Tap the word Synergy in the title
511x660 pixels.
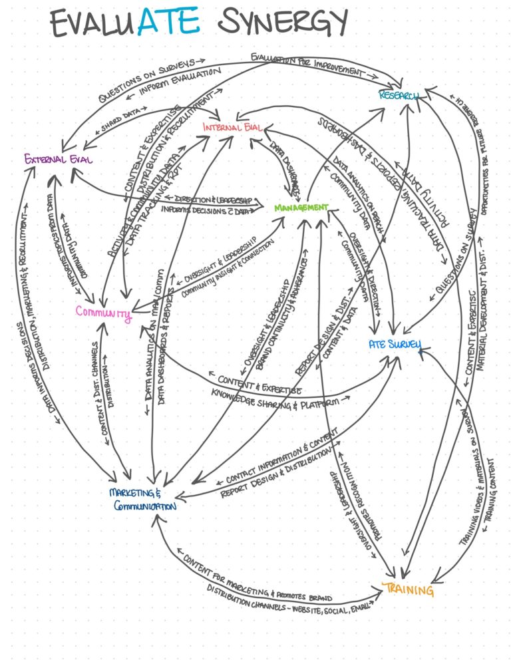pyautogui.click(x=283, y=25)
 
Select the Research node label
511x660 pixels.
pyautogui.click(x=399, y=96)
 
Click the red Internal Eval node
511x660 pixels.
pyautogui.click(x=232, y=127)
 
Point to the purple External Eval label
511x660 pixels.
pyautogui.click(x=58, y=159)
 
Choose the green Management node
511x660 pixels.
pyautogui.click(x=301, y=207)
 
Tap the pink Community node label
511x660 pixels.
pyautogui.click(x=103, y=312)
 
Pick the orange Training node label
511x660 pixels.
pyautogui.click(x=408, y=589)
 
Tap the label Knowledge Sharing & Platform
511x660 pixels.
pyautogui.click(x=279, y=397)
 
